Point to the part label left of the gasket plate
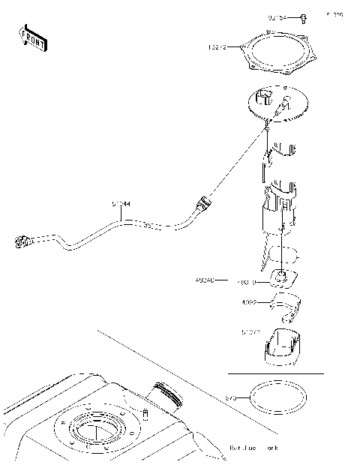[217, 48]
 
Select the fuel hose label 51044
[121, 203]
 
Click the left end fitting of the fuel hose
[22, 241]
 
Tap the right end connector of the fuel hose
[202, 203]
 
